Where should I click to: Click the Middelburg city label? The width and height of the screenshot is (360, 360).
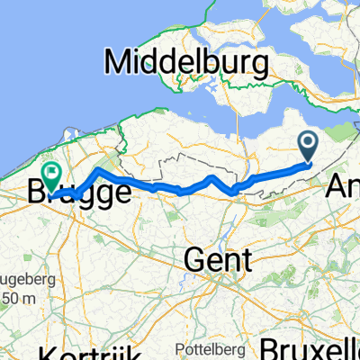[x=187, y=64]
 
